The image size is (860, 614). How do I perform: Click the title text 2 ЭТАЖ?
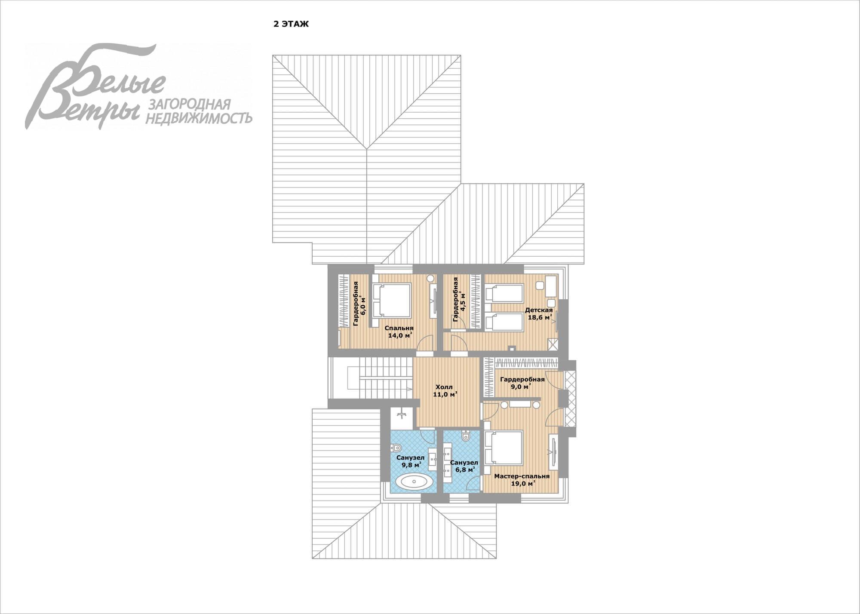(x=291, y=24)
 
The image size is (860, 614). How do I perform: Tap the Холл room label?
(x=444, y=387)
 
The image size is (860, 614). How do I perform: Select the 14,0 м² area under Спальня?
(x=400, y=335)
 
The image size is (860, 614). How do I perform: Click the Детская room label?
(x=539, y=310)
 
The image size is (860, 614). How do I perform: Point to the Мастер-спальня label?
(x=522, y=476)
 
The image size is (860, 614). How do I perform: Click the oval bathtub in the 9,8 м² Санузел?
(x=414, y=481)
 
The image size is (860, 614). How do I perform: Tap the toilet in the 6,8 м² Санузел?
(x=466, y=436)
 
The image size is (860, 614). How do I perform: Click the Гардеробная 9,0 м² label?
(x=522, y=383)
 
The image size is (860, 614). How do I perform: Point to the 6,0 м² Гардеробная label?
(x=359, y=304)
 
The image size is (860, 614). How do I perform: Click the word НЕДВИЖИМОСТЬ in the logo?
(x=199, y=118)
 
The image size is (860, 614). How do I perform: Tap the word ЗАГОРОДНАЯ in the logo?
(x=189, y=104)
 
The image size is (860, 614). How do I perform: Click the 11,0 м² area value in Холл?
(x=445, y=394)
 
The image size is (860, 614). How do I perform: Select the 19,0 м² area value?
(x=523, y=483)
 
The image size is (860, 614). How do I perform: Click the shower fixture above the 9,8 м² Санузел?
(x=402, y=414)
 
